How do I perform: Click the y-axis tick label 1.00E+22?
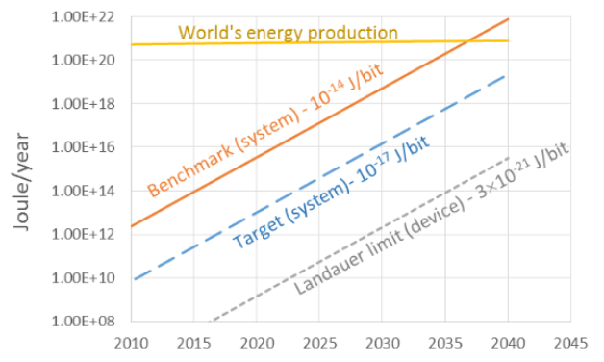pyautogui.click(x=84, y=17)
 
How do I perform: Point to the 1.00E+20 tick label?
pyautogui.click(x=84, y=60)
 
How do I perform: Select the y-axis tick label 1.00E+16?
pyautogui.click(x=84, y=147)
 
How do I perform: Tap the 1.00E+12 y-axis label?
pyautogui.click(x=84, y=234)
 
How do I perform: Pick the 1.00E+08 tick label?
pyautogui.click(x=84, y=322)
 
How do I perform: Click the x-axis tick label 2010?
pyautogui.click(x=131, y=343)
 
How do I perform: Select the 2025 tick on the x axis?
pyautogui.click(x=319, y=343)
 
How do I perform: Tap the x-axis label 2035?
pyautogui.click(x=445, y=343)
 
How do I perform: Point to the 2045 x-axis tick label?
pyautogui.click(x=570, y=343)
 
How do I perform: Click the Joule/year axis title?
pyautogui.click(x=21, y=182)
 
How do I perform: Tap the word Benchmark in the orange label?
pyautogui.click(x=190, y=166)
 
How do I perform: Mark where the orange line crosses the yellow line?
pyautogui.click(x=467, y=40)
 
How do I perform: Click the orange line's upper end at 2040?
pyautogui.click(x=509, y=18)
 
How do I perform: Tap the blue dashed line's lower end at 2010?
pyautogui.click(x=134, y=279)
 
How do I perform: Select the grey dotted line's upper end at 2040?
pyautogui.click(x=509, y=157)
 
